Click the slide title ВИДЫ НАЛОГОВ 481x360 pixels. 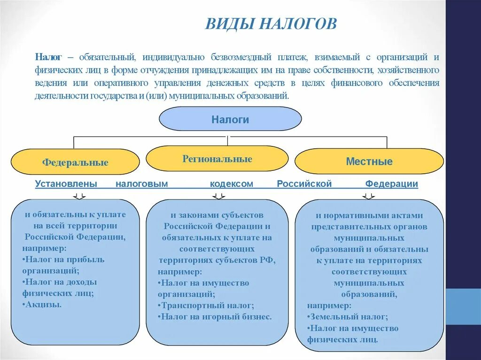tap(271, 23)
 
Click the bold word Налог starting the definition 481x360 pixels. tap(48, 57)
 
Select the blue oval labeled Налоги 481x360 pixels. tap(230, 119)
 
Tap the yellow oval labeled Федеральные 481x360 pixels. tap(75, 162)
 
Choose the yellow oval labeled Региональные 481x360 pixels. tap(217, 159)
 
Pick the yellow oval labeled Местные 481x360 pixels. tap(369, 162)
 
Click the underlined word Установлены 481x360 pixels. tap(66, 184)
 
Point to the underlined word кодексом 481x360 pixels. tap(231, 184)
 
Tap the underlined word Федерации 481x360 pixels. tap(391, 184)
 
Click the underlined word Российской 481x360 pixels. tap(304, 184)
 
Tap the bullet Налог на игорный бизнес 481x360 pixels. tap(216, 317)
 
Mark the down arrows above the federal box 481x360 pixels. tap(79, 196)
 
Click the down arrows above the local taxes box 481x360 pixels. tap(369, 196)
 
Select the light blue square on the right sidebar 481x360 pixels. tap(463, 306)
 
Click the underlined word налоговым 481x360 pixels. tap(141, 184)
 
